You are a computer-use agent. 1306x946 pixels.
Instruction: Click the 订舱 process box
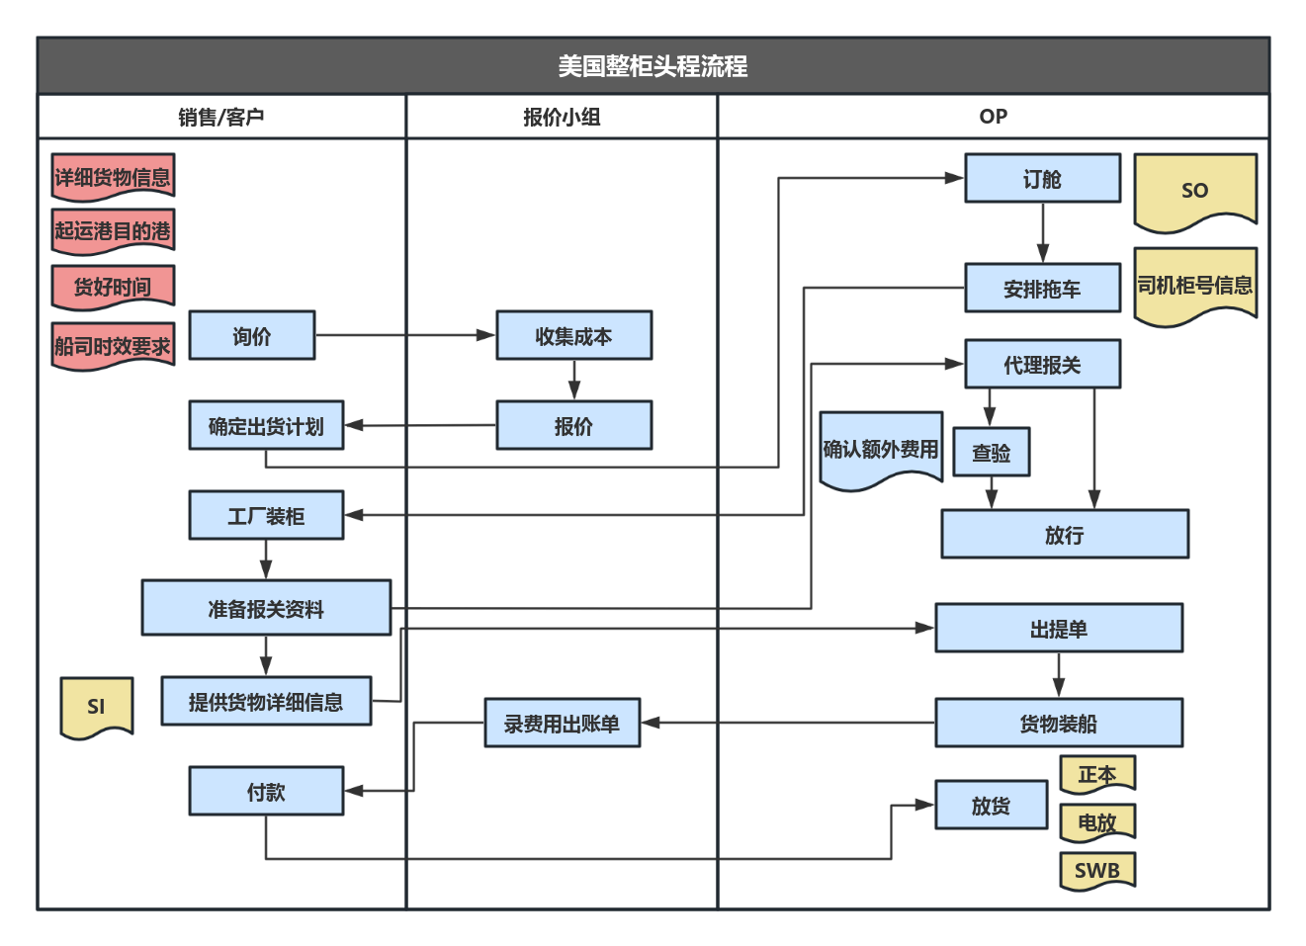click(x=1042, y=179)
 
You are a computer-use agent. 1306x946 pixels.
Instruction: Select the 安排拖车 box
click(x=1042, y=289)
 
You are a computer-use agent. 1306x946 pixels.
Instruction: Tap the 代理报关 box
click(x=1042, y=365)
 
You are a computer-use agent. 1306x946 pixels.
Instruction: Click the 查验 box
click(x=991, y=453)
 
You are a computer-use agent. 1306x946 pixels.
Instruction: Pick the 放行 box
click(x=1064, y=535)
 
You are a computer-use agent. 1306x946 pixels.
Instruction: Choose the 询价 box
click(x=251, y=336)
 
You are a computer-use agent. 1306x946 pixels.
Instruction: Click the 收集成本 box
click(x=573, y=336)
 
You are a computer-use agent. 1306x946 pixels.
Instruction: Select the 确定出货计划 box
click(x=266, y=426)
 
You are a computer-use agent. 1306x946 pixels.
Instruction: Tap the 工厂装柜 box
click(x=266, y=516)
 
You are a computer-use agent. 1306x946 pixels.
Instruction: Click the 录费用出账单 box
click(x=562, y=724)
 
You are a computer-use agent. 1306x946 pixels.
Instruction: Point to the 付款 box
click(x=266, y=792)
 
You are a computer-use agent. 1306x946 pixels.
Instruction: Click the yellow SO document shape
click(x=1194, y=190)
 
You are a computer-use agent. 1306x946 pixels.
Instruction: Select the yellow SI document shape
click(x=96, y=706)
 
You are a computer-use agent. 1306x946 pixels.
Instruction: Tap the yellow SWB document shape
click(x=1096, y=870)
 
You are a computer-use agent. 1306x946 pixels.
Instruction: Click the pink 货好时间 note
click(x=113, y=287)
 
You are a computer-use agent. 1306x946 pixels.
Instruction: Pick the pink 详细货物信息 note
click(x=113, y=178)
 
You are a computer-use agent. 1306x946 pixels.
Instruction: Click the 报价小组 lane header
click(x=562, y=117)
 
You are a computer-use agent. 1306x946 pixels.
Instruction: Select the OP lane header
click(x=993, y=117)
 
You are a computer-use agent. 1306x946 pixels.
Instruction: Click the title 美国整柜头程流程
click(x=653, y=66)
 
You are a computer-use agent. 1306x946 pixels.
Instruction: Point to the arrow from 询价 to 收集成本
click(x=405, y=336)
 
